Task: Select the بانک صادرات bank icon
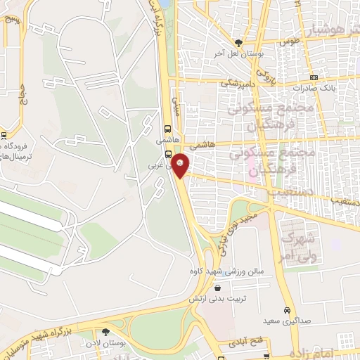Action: [x=313, y=77]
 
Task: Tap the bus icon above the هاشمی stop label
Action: [x=168, y=129]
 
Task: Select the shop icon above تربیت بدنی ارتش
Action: [x=217, y=288]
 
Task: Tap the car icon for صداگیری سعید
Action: [x=287, y=310]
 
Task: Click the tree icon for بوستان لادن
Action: [x=105, y=331]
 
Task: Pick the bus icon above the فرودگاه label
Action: [x=4, y=136]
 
